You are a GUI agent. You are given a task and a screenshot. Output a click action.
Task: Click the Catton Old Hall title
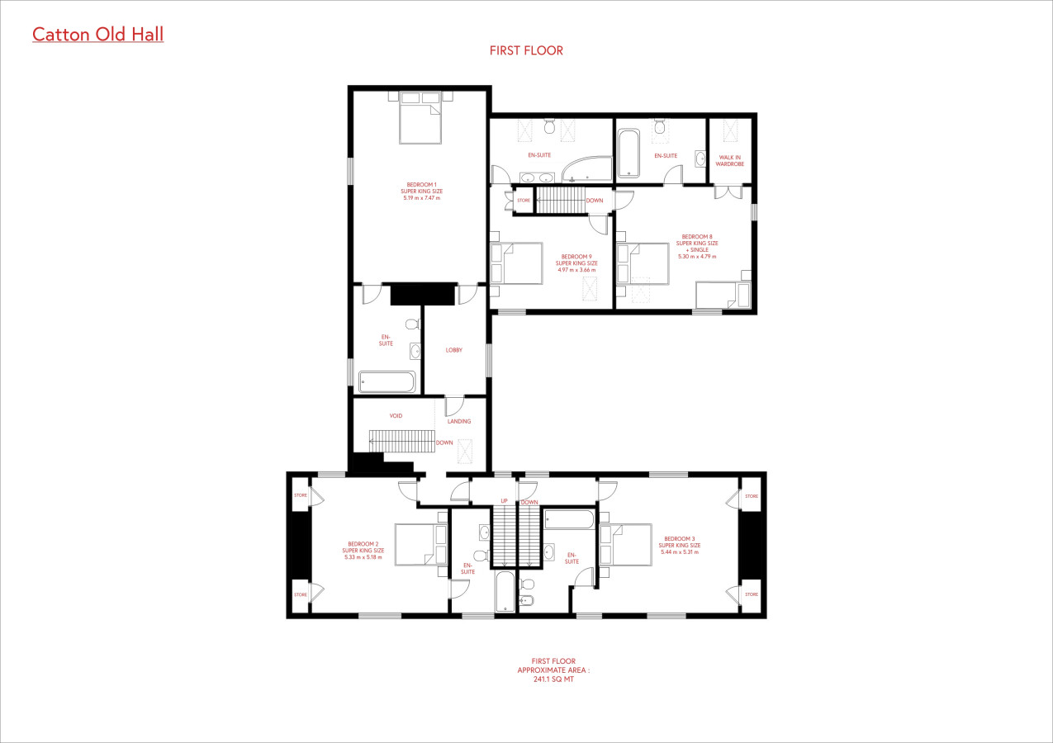tap(97, 35)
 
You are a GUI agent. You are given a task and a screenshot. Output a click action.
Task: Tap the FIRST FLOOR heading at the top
tap(526, 50)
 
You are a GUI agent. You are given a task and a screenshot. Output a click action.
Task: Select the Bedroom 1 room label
tap(422, 192)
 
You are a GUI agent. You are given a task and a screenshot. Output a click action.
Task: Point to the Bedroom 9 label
tap(576, 263)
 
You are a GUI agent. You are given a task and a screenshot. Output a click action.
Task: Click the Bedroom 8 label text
tap(697, 247)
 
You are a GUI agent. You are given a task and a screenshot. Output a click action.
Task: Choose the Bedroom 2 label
tap(363, 551)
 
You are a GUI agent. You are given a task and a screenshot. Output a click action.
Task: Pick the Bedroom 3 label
tap(679, 545)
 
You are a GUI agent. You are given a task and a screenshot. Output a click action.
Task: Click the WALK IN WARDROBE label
tap(729, 161)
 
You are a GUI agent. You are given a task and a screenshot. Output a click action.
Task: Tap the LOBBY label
tap(453, 350)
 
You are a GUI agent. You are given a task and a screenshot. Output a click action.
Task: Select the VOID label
tap(396, 416)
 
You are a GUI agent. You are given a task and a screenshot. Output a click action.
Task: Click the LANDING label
tap(459, 422)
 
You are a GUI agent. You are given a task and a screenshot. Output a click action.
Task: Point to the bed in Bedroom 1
tap(420, 117)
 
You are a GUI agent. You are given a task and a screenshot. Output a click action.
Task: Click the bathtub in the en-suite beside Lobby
tap(387, 382)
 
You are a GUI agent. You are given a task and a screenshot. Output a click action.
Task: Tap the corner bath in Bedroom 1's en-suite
tap(587, 169)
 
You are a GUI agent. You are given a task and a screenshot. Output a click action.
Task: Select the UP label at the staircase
tap(504, 501)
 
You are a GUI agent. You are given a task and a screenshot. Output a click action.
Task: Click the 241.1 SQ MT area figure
tap(553, 679)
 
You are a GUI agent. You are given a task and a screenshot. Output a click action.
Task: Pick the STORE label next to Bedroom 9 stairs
tap(524, 201)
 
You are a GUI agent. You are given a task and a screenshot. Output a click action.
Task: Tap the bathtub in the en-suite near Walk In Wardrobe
tap(628, 154)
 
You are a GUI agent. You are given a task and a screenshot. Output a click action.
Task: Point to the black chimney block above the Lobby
tap(423, 294)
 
